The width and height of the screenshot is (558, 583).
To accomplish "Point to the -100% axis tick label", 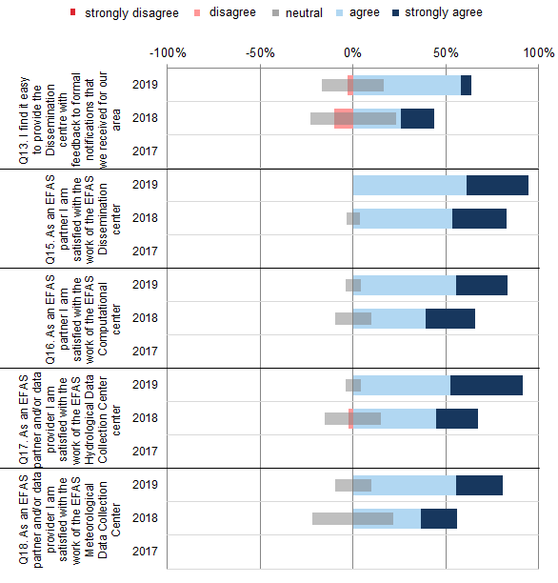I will coord(168,51).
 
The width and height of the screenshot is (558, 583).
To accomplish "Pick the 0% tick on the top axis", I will coord(352,51).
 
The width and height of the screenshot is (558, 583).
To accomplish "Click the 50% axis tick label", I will coord(445,51).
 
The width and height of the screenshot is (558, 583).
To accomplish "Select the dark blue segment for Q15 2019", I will coord(497,185).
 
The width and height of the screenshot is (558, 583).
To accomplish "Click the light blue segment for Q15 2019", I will coord(409,185).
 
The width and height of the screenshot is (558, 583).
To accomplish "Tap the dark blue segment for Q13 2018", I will coord(417,118).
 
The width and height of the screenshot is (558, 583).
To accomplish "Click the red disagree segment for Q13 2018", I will coord(344,118).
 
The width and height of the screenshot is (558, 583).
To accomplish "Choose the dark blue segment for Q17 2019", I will coord(486,385).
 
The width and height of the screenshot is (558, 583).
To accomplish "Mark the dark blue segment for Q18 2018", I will coord(438,518).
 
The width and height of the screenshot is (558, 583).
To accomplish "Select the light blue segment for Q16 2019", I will coord(408,285).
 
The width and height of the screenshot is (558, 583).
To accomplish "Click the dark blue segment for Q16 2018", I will coord(449,318).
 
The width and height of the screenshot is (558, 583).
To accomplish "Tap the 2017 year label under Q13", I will coord(145,151).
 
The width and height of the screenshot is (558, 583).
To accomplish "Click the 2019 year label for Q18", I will coord(145,485).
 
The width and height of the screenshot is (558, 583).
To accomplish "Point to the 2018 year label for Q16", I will coord(145,318).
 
